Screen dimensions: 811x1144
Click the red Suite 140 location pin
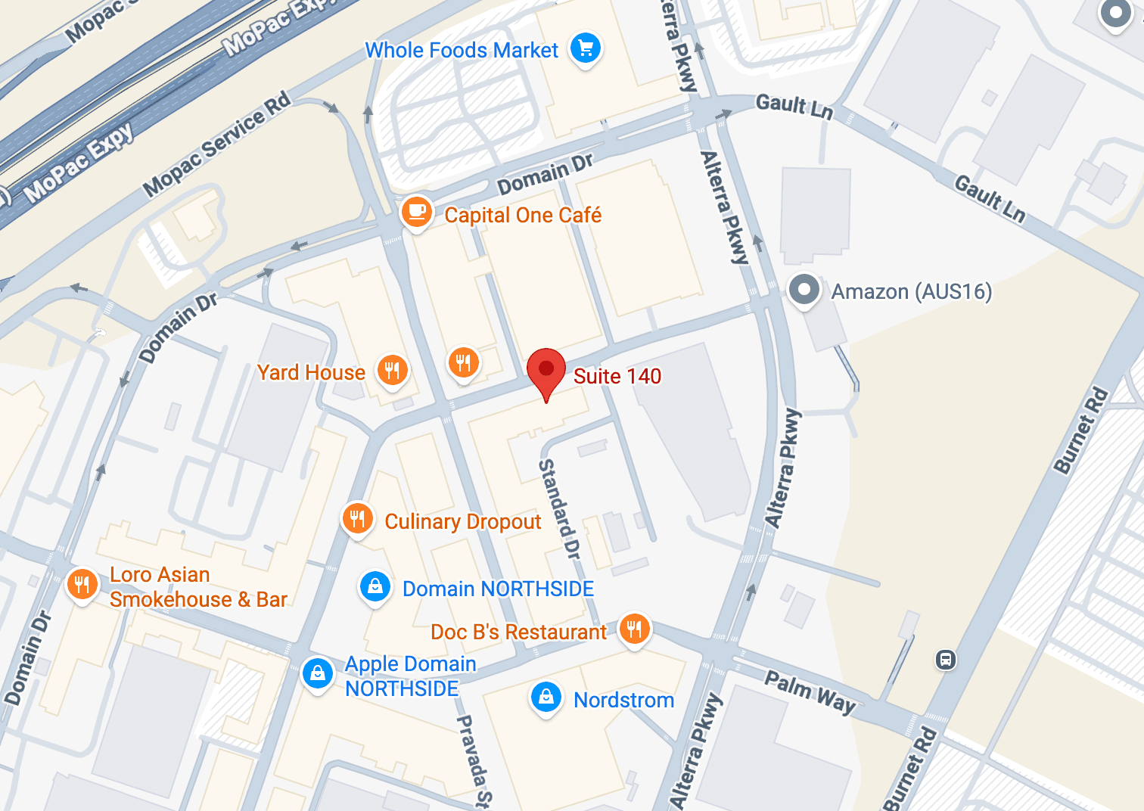546,371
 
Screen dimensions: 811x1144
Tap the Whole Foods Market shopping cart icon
586,48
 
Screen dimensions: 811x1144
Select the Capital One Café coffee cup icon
416,212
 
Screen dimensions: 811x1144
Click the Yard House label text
311,372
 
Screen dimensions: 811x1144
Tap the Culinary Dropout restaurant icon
357,519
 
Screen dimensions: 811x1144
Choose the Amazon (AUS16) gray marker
804,290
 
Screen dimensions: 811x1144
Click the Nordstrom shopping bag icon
546,697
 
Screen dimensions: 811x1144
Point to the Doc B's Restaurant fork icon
634,629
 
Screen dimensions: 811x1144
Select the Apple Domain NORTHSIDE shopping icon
318,673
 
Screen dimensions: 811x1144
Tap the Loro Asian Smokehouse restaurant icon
82,585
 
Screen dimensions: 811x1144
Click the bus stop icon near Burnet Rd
945,660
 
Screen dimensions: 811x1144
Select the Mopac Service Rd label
217,144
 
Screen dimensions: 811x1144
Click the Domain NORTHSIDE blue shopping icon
375,586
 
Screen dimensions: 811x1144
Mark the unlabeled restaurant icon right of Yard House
463,363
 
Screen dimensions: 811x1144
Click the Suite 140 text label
617,376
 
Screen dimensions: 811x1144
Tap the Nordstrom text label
623,700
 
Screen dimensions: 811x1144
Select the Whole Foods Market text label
462,50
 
